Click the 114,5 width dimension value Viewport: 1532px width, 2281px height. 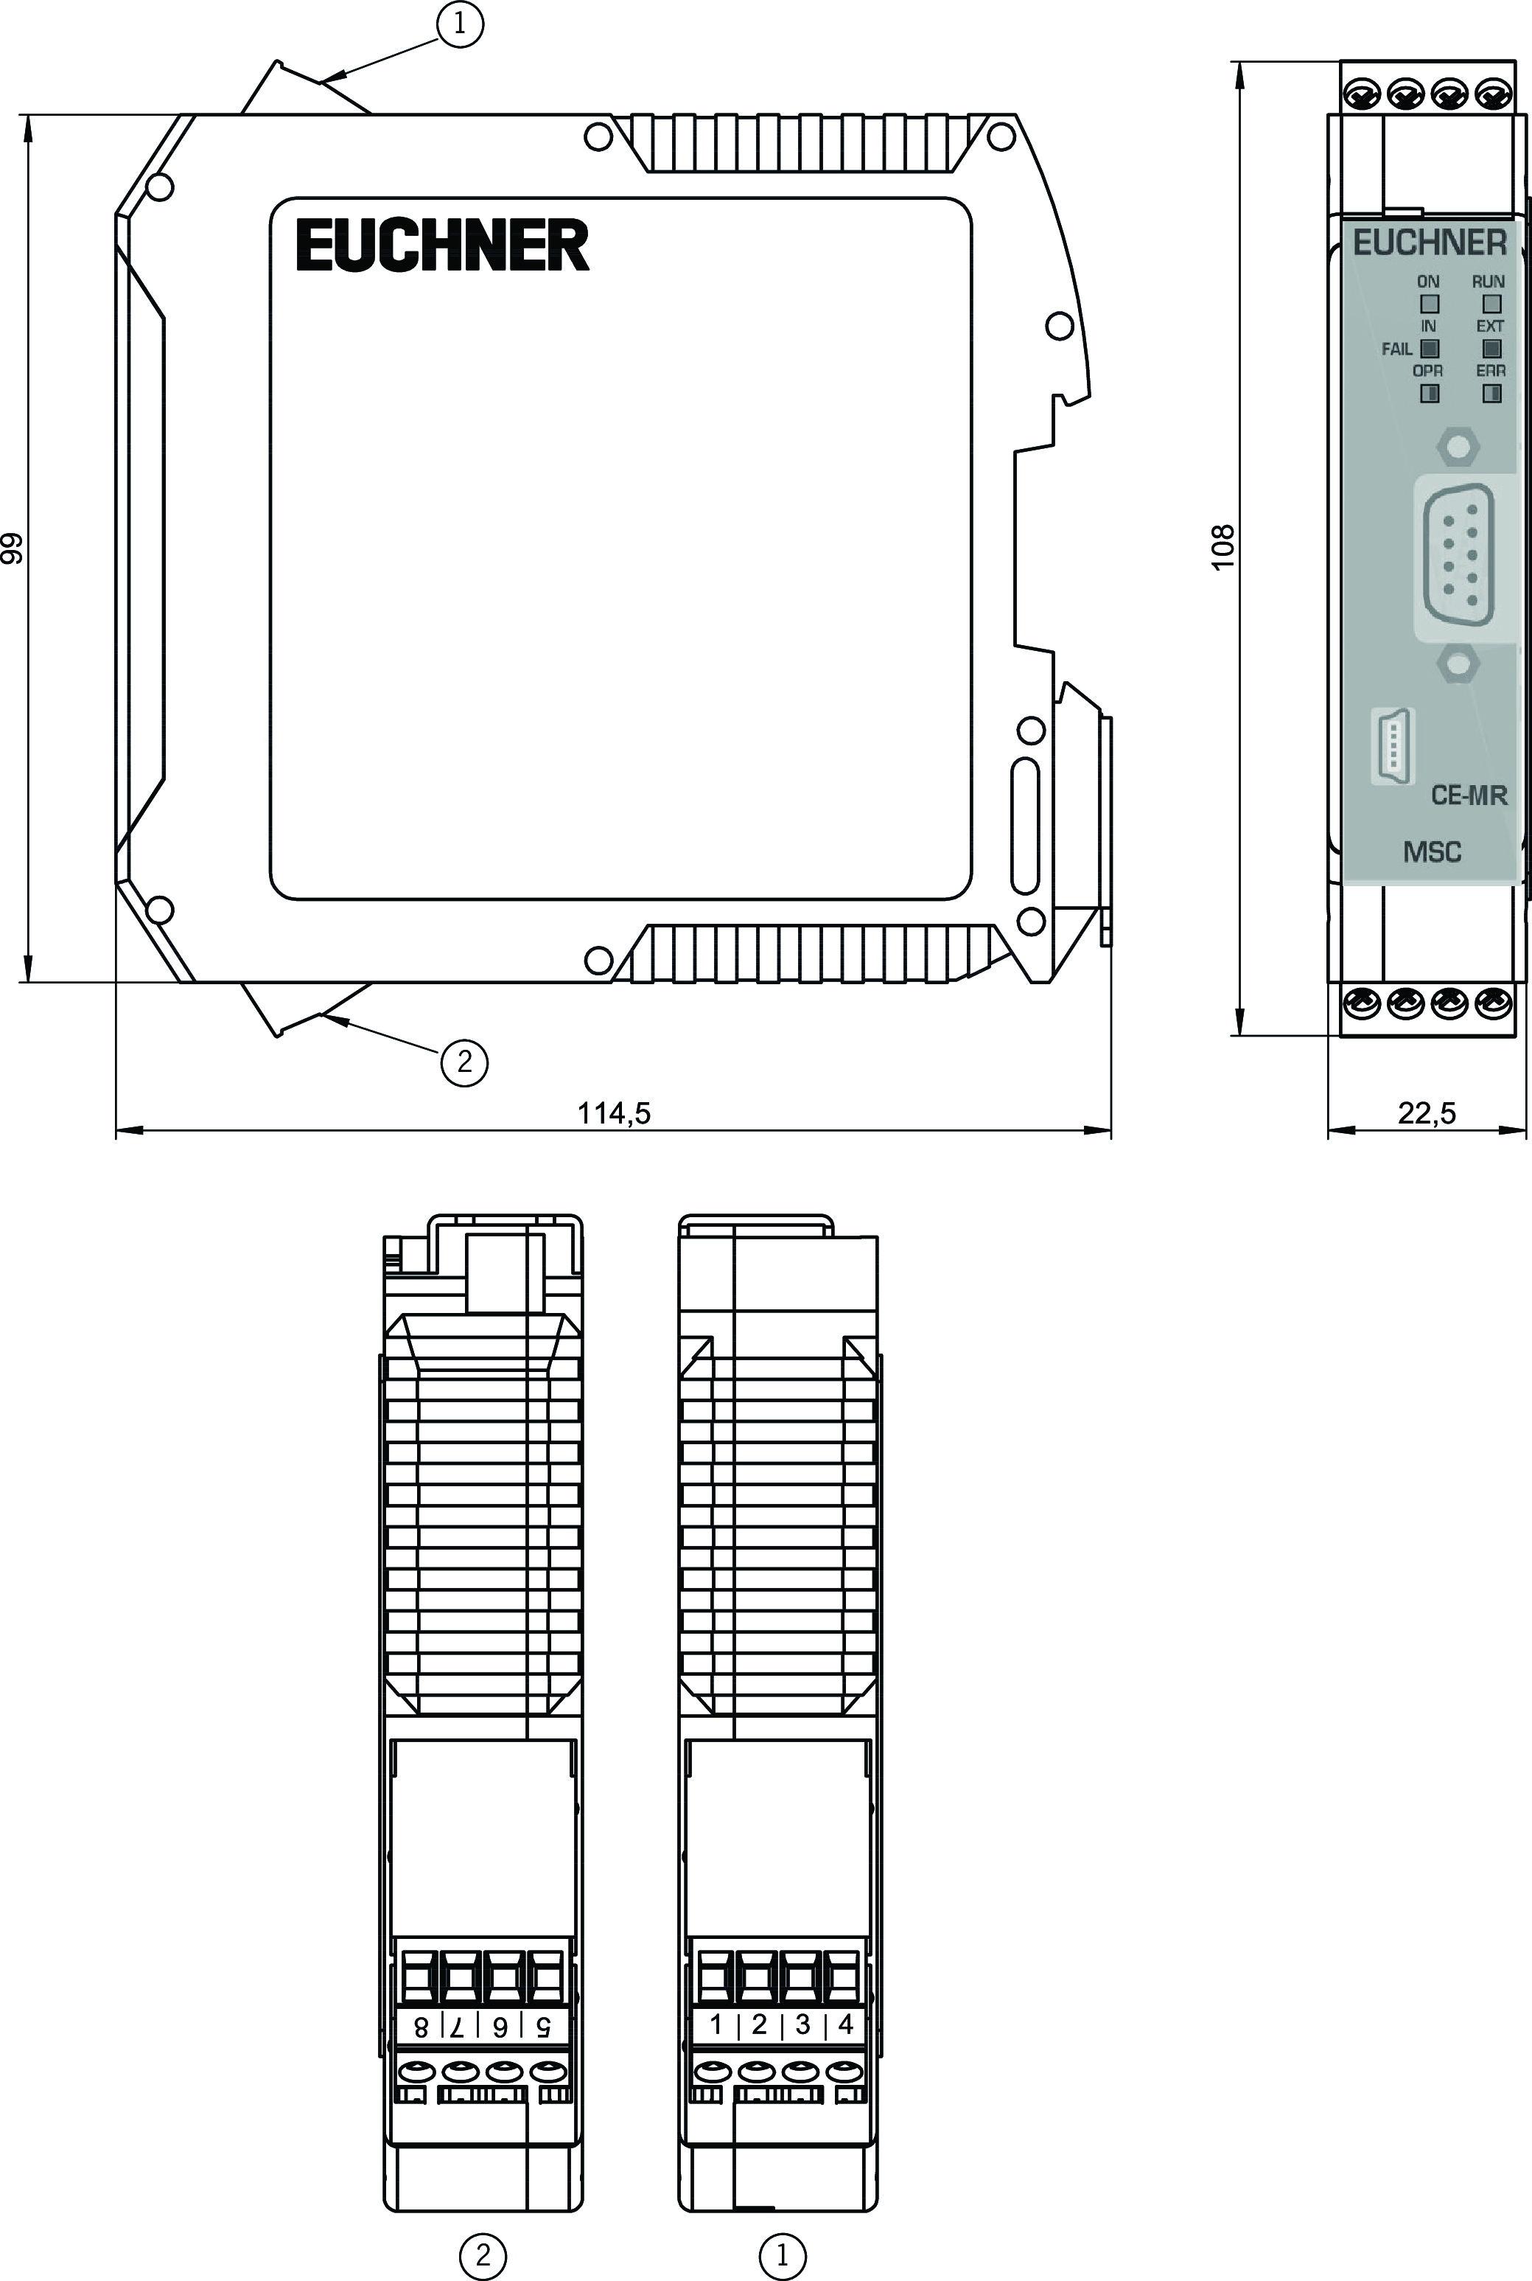click(x=614, y=1112)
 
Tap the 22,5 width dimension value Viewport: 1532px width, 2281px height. click(x=1427, y=1112)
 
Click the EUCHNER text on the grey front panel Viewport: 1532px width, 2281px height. click(x=1430, y=243)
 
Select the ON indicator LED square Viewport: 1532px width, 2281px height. click(x=1430, y=305)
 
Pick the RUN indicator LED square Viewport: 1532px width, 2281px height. click(x=1491, y=305)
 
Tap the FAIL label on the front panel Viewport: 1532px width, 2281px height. click(x=1396, y=349)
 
